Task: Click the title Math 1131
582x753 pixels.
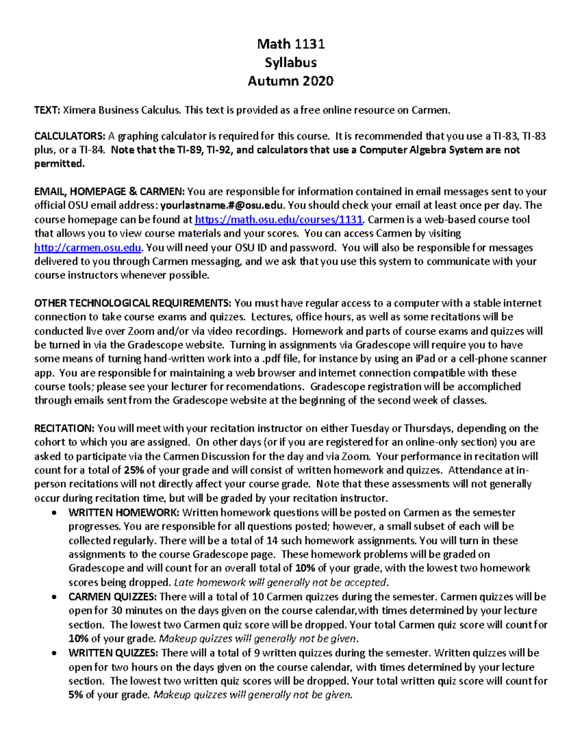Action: click(291, 44)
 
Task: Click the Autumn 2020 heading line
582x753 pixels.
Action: click(291, 80)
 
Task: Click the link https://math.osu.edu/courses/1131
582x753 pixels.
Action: click(278, 220)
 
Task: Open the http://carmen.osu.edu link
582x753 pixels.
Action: click(88, 248)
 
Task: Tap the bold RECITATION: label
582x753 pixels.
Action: click(65, 429)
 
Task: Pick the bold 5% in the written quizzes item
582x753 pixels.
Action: click(76, 695)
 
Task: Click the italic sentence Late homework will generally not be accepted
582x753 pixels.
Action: click(281, 582)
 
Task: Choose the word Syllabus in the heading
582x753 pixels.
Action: click(291, 63)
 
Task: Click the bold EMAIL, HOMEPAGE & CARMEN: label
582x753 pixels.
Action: click(109, 192)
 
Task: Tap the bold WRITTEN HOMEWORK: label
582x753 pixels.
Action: click(124, 513)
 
